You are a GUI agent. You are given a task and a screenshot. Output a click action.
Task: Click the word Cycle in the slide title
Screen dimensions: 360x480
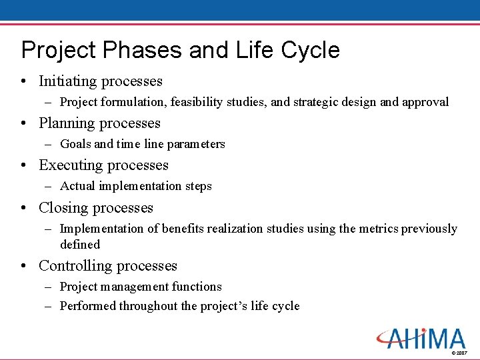point(310,51)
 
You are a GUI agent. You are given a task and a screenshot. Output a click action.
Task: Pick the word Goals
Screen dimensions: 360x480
point(75,144)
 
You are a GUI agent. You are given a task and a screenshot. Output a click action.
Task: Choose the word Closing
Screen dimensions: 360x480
point(63,208)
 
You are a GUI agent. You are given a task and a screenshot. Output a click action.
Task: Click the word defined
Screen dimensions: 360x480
point(79,245)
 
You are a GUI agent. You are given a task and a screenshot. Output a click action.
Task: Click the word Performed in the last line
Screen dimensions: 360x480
point(87,306)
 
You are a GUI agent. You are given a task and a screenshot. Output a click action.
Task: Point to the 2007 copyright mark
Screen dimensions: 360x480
point(459,352)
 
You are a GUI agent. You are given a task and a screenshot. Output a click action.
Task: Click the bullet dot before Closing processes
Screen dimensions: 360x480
point(24,209)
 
